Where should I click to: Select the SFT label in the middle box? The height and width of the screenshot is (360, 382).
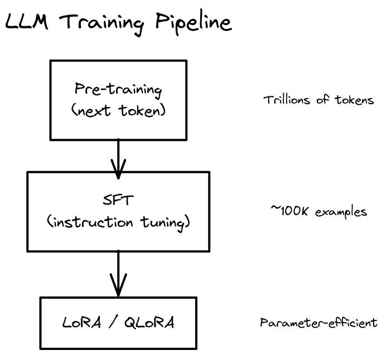(x=118, y=201)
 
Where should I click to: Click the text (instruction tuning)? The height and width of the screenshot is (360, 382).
(x=118, y=222)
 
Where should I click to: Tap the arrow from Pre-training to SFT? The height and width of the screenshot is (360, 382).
(x=118, y=153)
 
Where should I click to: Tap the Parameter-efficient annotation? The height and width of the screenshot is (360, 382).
(x=318, y=323)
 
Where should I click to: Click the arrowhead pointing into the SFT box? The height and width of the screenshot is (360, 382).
(x=118, y=166)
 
